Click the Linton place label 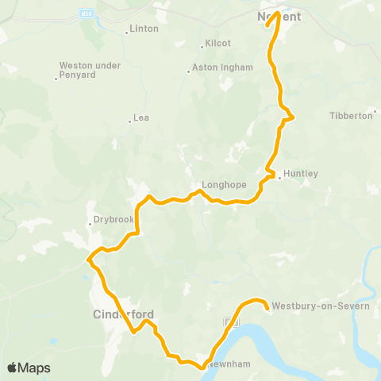145,29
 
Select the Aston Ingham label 223,68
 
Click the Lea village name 142,117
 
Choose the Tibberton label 350,115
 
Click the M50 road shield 85,13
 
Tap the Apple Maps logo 29,368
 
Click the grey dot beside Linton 127,33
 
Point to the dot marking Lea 130,121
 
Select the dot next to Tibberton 375,116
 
